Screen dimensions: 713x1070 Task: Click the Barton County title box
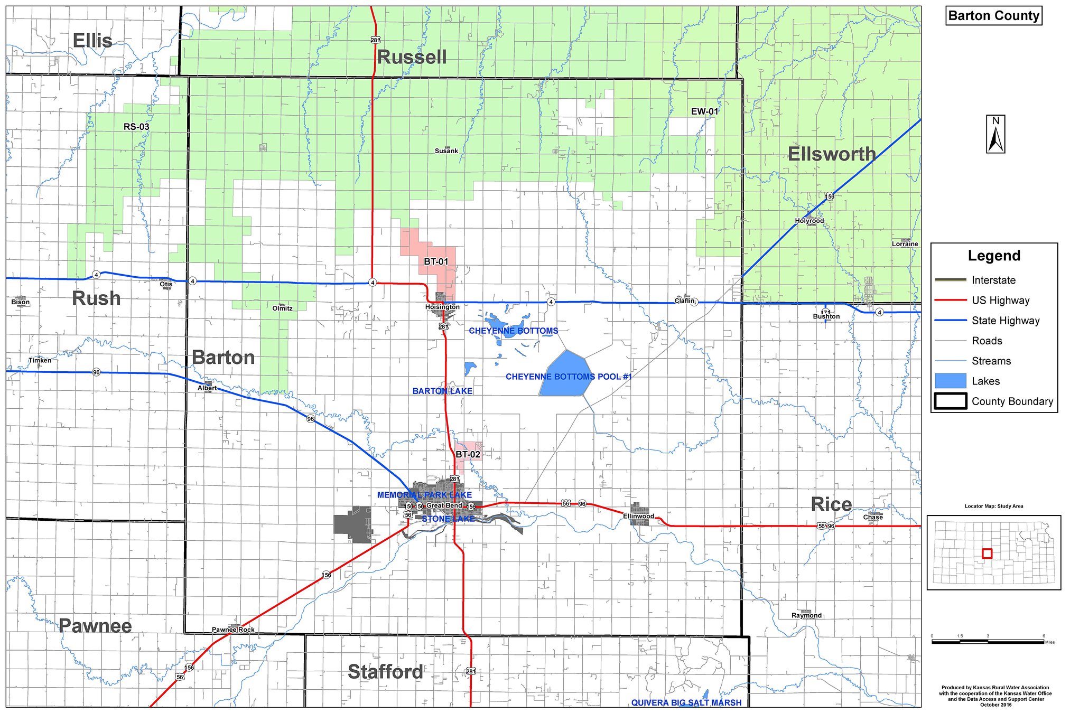[993, 16]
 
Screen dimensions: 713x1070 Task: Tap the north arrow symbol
[995, 135]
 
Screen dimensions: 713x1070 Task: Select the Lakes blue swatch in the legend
[950, 381]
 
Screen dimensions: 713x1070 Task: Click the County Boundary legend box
[950, 401]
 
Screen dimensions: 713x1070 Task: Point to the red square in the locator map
[987, 553]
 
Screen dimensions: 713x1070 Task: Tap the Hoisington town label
[442, 307]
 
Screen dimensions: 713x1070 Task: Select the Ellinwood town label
[638, 516]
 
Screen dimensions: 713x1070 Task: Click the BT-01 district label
[436, 261]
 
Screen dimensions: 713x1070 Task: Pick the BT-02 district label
[468, 454]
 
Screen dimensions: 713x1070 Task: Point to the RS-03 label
[136, 127]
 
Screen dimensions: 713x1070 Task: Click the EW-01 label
[704, 111]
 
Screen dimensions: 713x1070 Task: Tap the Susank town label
[446, 151]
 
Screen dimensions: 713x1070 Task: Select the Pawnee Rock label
[233, 630]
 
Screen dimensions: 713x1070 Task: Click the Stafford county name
[385, 672]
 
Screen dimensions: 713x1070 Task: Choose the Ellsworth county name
[832, 154]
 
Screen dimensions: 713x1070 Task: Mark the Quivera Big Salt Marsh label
[686, 702]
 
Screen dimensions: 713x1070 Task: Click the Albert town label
[207, 388]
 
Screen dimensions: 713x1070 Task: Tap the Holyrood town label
[809, 221]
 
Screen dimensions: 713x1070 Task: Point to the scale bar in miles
[988, 641]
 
